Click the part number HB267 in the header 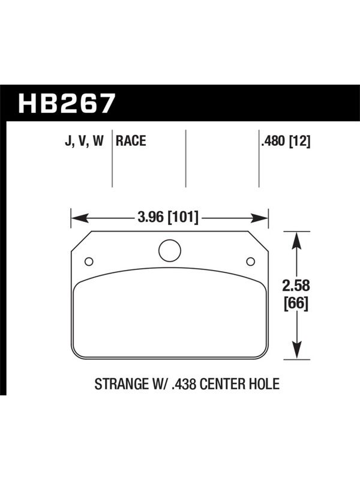[x=67, y=103]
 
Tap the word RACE [x=131, y=141]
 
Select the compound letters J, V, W [x=85, y=142]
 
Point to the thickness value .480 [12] [x=286, y=142]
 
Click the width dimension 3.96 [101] [x=168, y=218]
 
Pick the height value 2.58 [x=296, y=286]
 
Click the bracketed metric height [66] [x=296, y=304]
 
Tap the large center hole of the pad [x=170, y=250]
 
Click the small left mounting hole [x=89, y=262]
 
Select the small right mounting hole [x=250, y=262]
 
